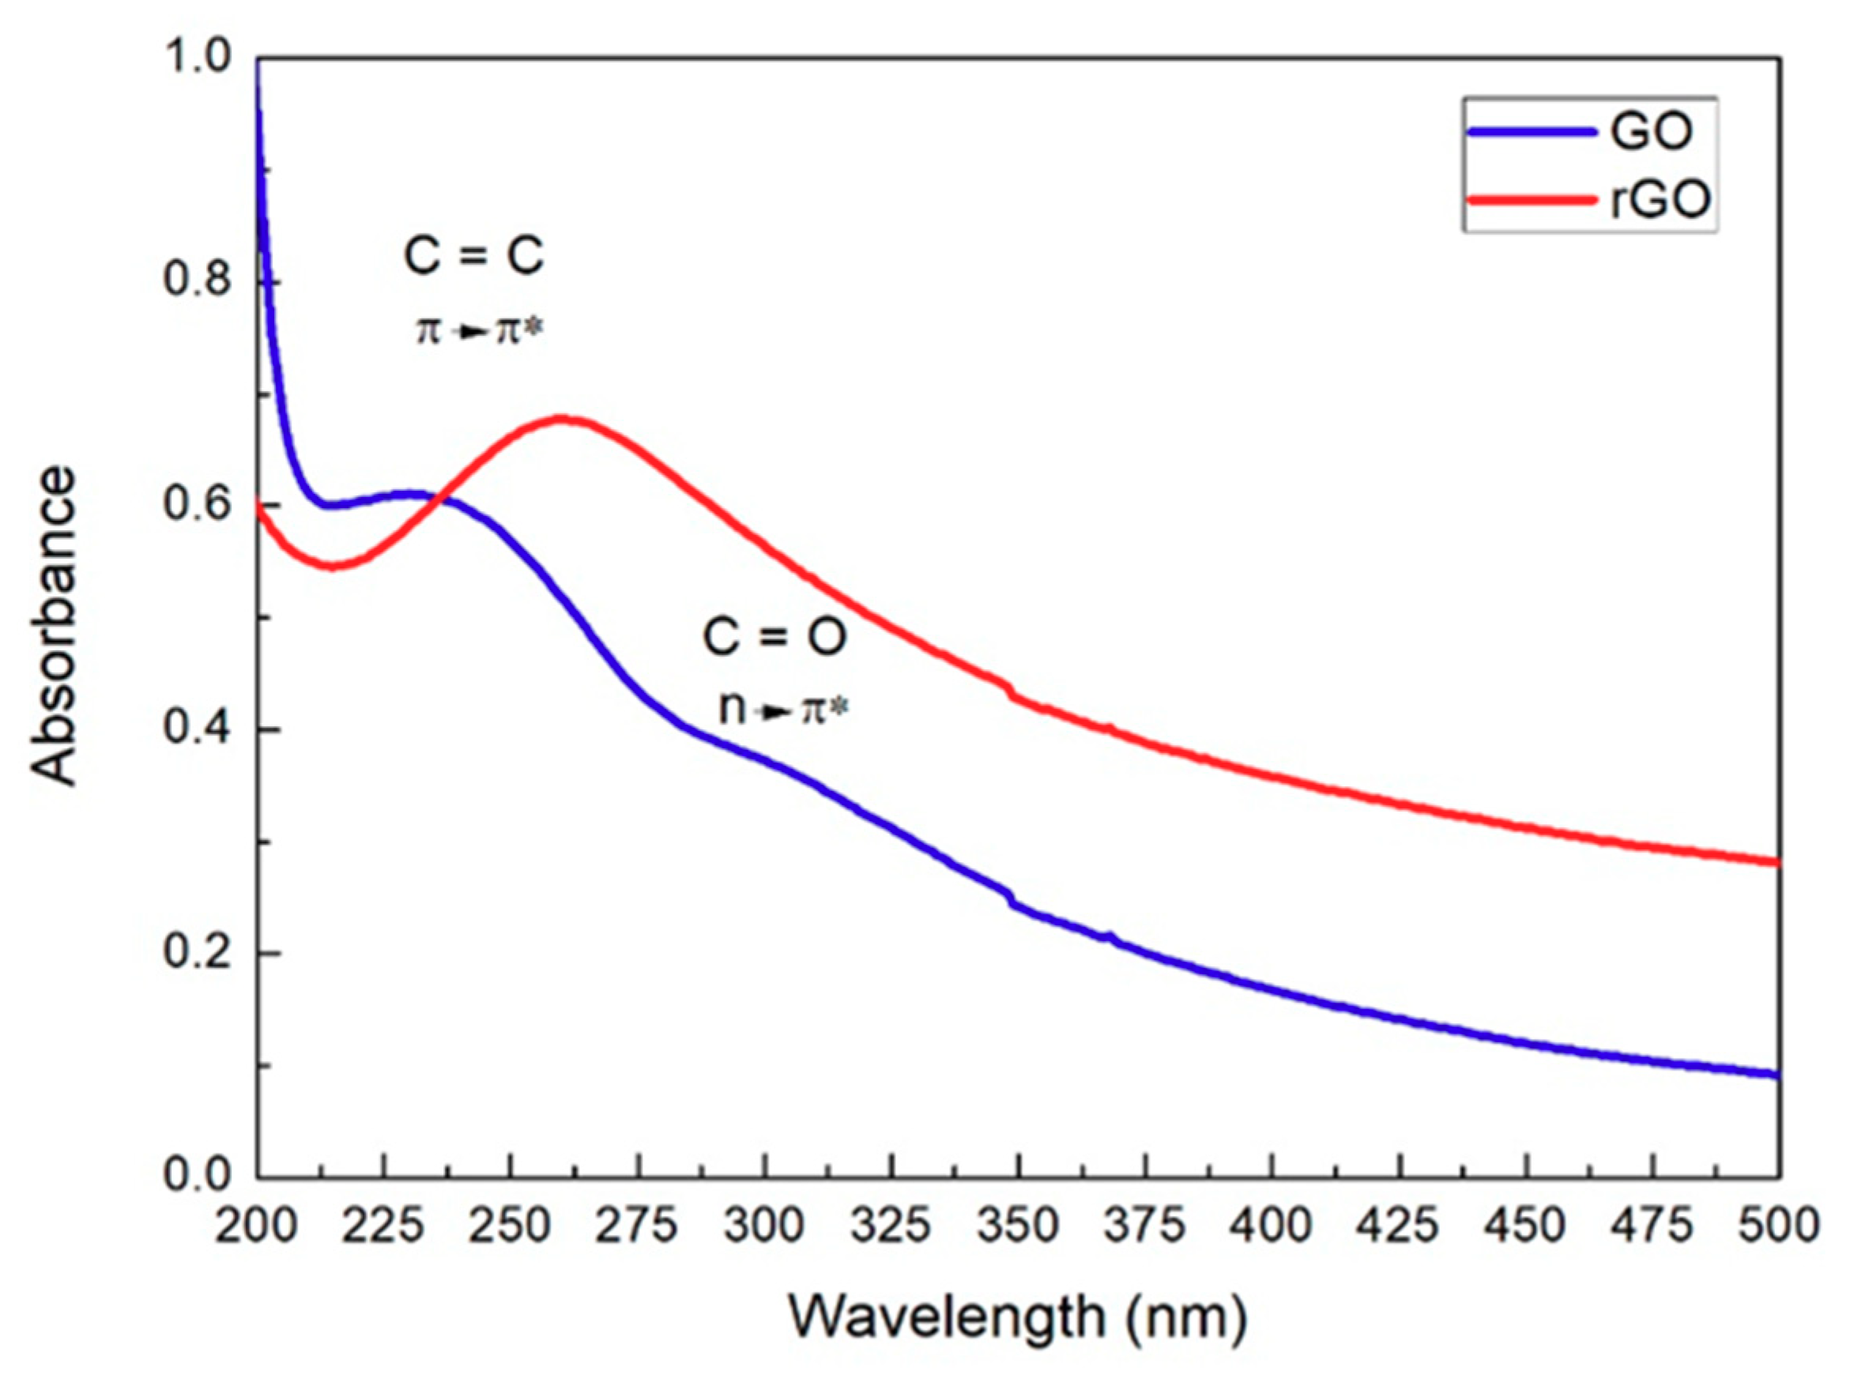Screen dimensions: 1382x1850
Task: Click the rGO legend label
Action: coord(1660,200)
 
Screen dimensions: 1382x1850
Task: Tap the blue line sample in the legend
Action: coord(1530,131)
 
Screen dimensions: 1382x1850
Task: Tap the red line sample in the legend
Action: coord(1530,199)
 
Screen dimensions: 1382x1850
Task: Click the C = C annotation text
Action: coord(473,256)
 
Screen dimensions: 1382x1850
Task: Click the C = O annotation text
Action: coord(774,637)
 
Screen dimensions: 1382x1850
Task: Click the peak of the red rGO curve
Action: coord(563,417)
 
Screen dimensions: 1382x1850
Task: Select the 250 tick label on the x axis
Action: coord(511,1226)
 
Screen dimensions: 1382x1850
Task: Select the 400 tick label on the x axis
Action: coord(1272,1226)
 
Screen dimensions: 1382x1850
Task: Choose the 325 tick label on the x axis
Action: coord(891,1226)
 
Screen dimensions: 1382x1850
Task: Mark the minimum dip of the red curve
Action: coord(333,566)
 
